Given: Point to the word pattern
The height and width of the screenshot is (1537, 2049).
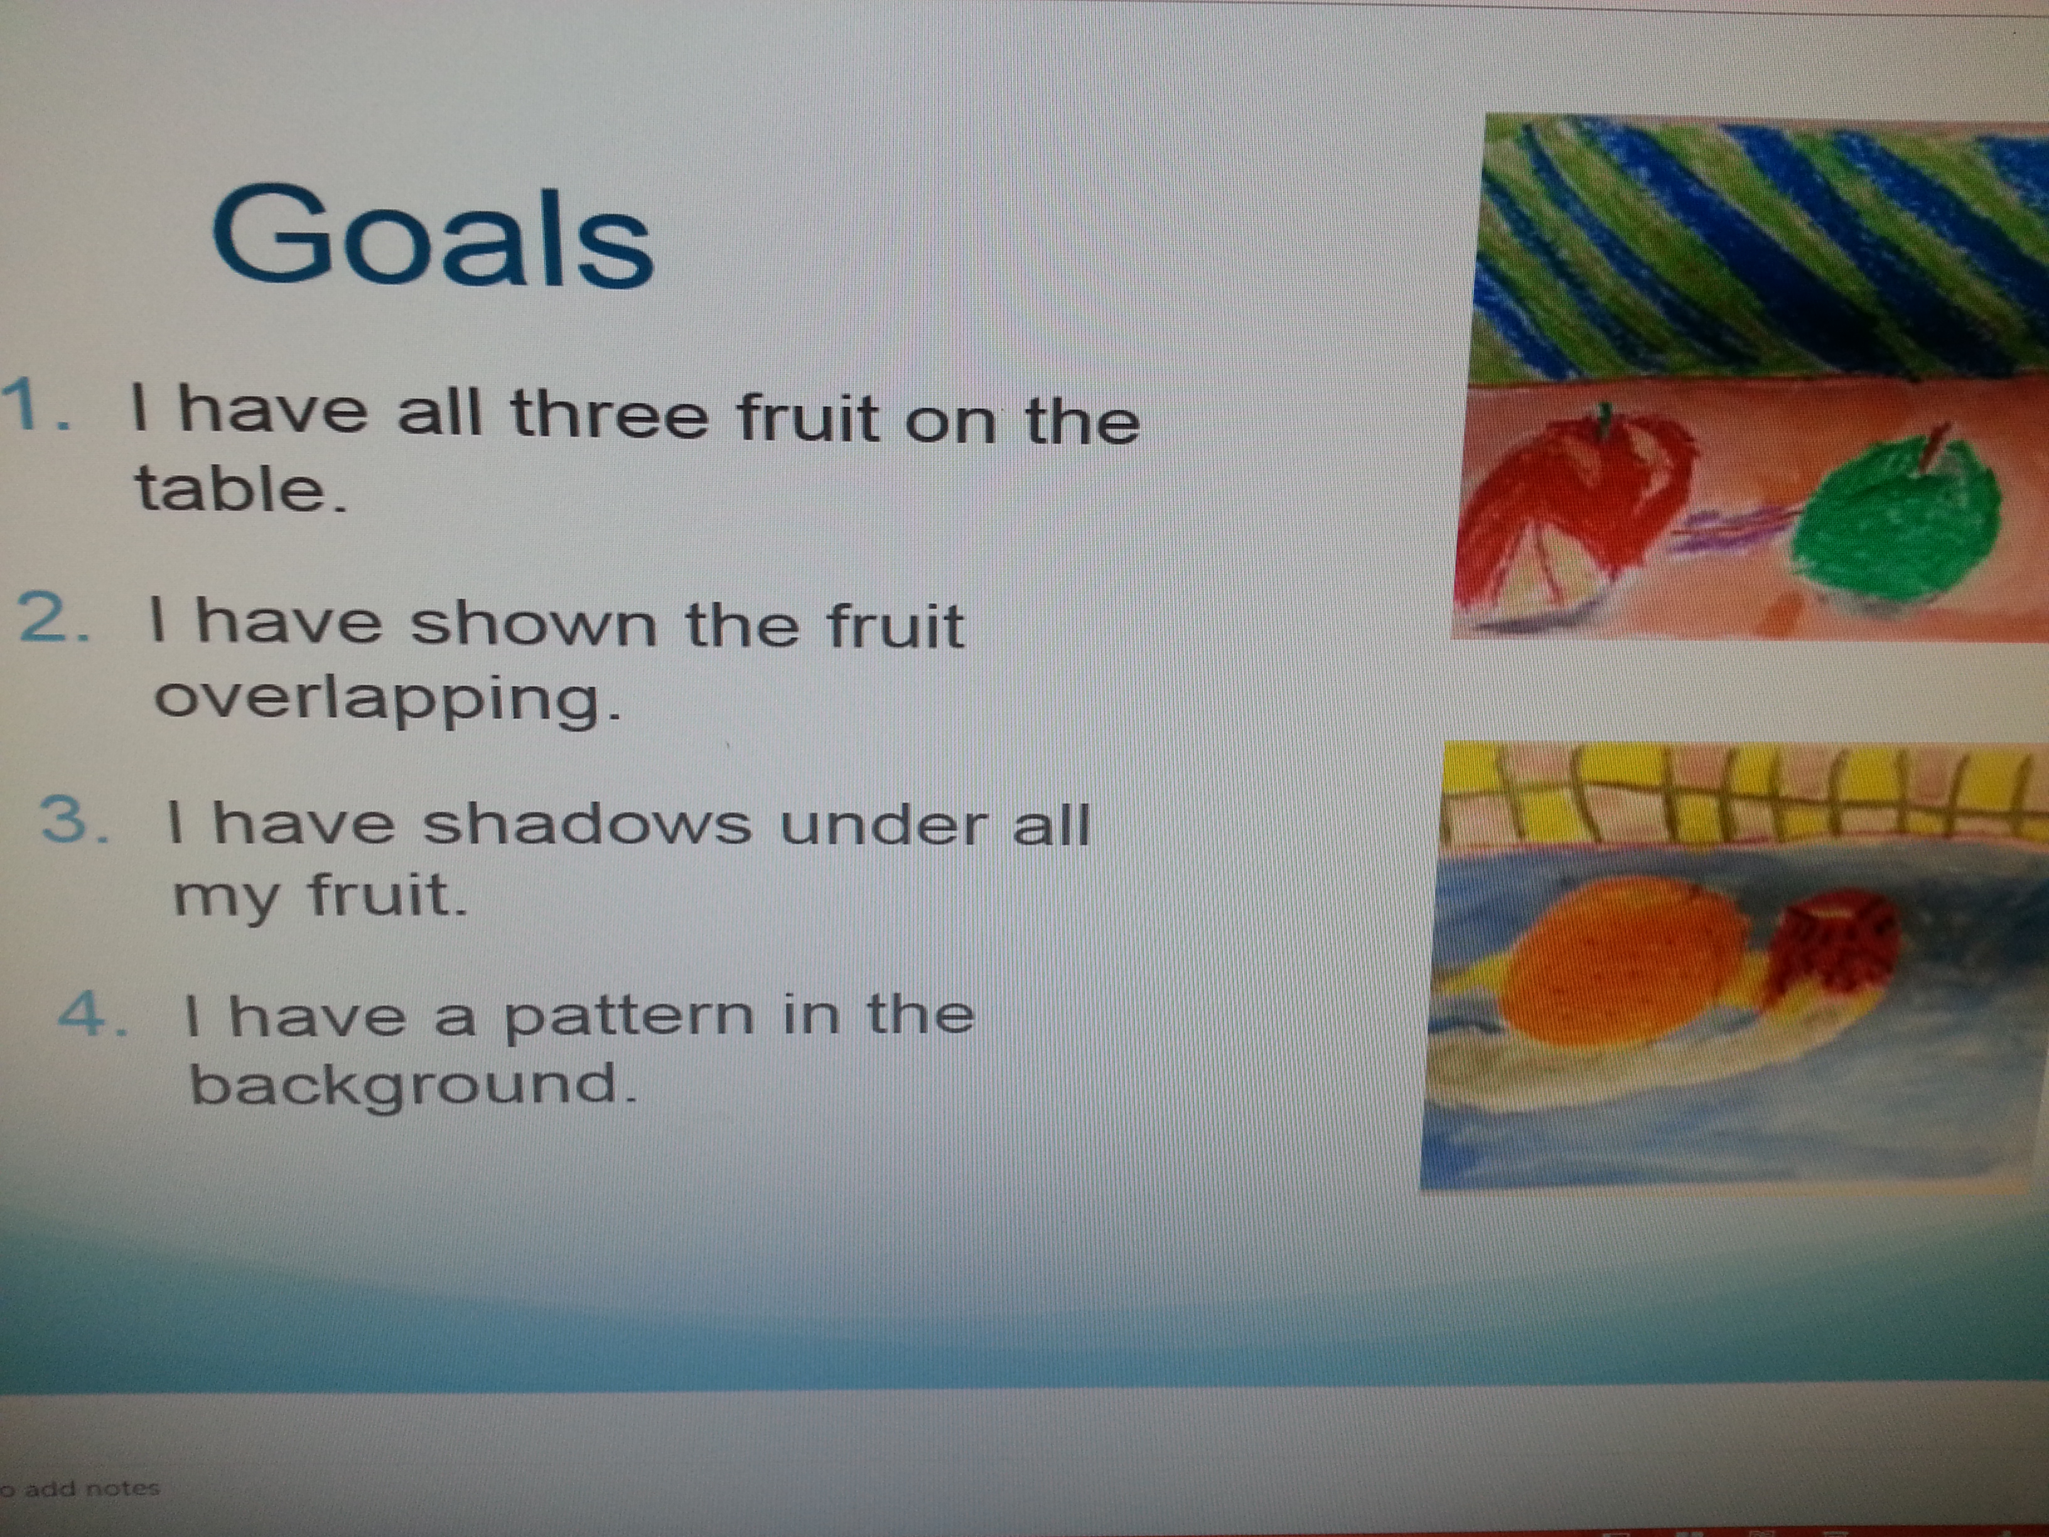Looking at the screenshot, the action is point(628,1017).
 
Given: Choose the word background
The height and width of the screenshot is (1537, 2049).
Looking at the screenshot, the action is point(413,1086).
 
